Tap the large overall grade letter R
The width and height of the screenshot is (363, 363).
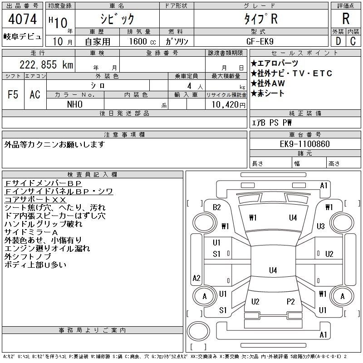(x=345, y=19)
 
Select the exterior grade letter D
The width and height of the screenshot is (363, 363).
(x=338, y=41)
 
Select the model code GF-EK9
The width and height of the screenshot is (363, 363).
(x=260, y=41)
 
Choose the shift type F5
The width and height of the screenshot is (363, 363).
(x=13, y=94)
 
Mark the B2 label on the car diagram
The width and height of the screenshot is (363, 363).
(x=217, y=207)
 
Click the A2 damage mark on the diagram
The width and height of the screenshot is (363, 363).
(x=196, y=278)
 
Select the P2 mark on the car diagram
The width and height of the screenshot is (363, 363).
(x=290, y=301)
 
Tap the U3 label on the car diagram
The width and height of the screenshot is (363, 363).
(x=321, y=226)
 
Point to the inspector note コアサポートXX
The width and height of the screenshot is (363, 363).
(x=35, y=199)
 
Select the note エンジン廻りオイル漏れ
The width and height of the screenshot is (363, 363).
(x=47, y=248)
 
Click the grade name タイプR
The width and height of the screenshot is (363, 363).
(x=260, y=19)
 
